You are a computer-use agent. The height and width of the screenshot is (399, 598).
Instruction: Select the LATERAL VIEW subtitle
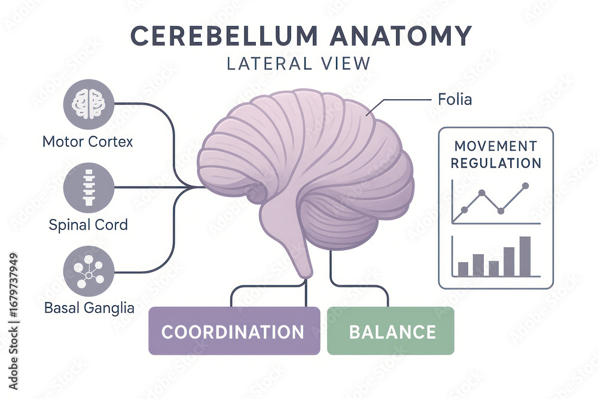299,63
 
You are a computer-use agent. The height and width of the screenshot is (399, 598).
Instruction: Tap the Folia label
455,99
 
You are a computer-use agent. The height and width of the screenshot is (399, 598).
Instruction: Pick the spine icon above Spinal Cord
88,187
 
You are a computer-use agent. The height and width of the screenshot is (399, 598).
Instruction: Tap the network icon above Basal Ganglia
88,270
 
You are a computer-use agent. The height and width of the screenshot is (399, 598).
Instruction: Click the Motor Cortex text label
88,142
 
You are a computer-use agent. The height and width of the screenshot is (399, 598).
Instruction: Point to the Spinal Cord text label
88,226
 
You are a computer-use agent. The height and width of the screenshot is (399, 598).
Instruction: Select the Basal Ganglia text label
89,309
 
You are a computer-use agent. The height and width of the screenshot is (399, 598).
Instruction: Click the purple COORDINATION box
234,331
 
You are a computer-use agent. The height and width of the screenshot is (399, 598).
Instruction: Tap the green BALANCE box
391,331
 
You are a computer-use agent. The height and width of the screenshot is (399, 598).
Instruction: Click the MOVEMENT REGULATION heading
496,154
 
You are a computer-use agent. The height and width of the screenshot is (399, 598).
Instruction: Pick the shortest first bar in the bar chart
463,269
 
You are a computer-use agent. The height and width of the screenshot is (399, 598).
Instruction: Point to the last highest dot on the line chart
525,186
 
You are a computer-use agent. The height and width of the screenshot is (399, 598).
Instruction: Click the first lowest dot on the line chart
464,210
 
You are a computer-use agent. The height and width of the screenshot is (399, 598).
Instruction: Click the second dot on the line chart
481,193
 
